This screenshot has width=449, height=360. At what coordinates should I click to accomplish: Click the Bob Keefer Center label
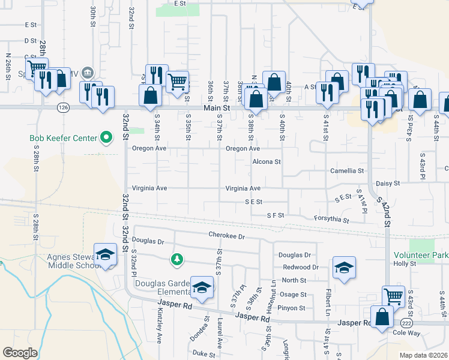pyautogui.click(x=63, y=139)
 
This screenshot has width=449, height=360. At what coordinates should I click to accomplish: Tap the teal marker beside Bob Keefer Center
pyautogui.click(x=107, y=139)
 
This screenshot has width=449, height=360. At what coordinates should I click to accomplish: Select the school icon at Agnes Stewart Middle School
pyautogui.click(x=105, y=254)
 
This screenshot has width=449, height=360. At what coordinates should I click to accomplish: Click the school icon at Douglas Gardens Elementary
pyautogui.click(x=202, y=287)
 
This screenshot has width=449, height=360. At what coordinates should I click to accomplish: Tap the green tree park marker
pyautogui.click(x=176, y=259)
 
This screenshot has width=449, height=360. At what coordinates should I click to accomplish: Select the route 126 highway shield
pyautogui.click(x=63, y=107)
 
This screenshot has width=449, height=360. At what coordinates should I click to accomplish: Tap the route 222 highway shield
pyautogui.click(x=406, y=323)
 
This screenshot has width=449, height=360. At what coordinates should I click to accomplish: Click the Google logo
pyautogui.click(x=20, y=352)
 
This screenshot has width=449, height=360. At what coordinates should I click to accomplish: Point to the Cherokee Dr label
pyautogui.click(x=227, y=236)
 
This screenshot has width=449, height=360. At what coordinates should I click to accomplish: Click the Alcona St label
pyautogui.click(x=267, y=162)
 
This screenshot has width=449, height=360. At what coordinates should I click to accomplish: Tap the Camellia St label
pyautogui.click(x=348, y=171)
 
